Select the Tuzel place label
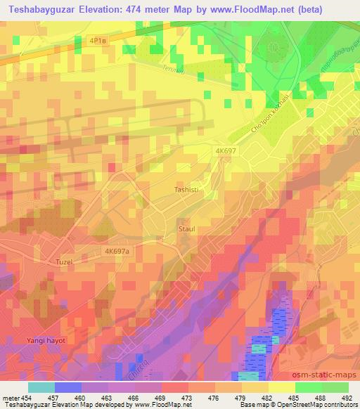pos(64,262)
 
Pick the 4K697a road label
pos(120,250)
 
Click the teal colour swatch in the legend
pos(41,387)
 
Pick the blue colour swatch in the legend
pos(68,387)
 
